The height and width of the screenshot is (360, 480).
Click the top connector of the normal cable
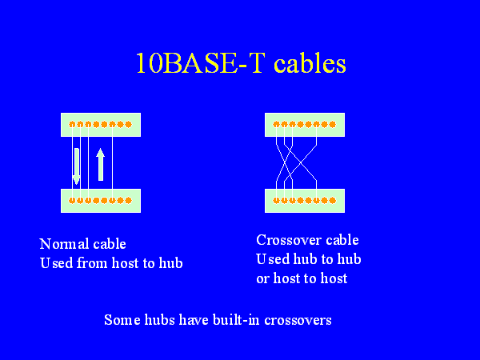point(101,124)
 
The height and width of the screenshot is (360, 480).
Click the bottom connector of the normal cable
point(101,200)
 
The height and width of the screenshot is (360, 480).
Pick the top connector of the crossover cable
point(304,124)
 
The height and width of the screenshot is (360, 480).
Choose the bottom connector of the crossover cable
point(304,200)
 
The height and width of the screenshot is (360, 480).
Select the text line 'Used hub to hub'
point(308,259)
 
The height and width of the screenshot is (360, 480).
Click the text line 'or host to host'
point(302,278)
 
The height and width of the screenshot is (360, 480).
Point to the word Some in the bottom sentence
point(121,320)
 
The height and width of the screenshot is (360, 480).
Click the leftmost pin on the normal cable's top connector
point(72,124)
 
